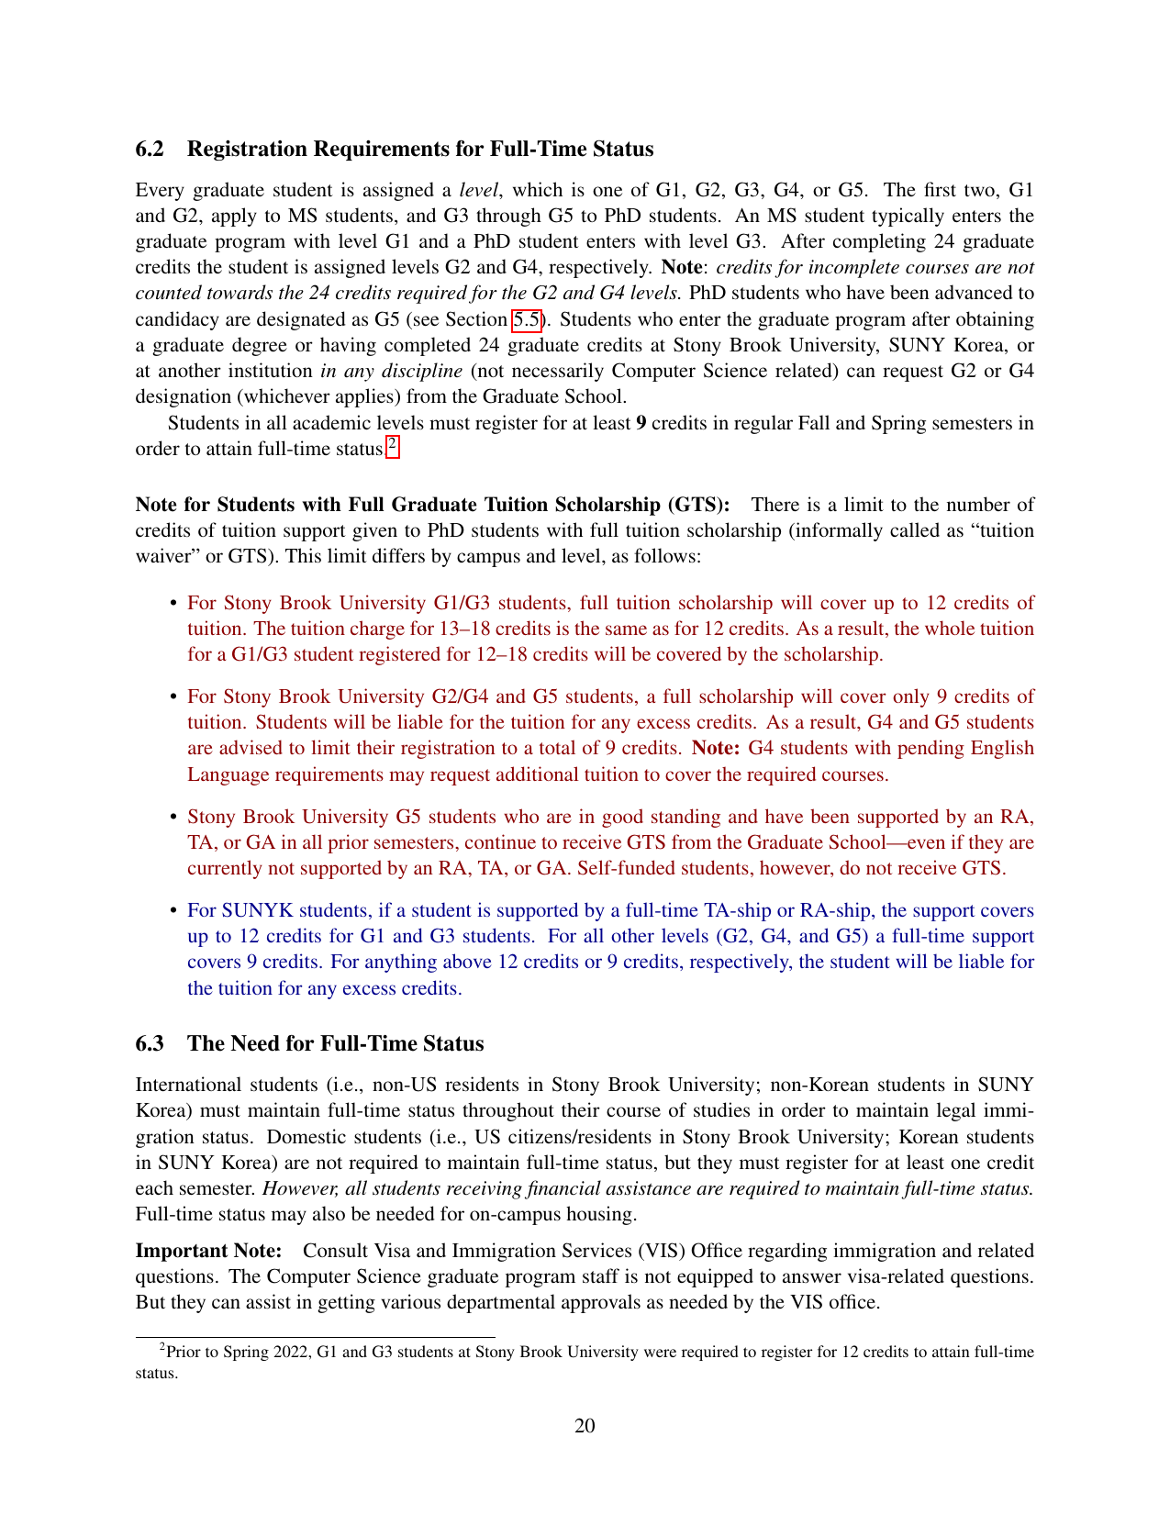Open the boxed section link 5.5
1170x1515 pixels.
click(527, 320)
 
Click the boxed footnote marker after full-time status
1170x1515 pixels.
click(393, 447)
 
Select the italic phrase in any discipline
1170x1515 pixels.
click(391, 372)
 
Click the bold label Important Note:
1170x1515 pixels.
click(208, 1252)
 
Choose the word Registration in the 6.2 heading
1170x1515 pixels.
click(249, 150)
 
